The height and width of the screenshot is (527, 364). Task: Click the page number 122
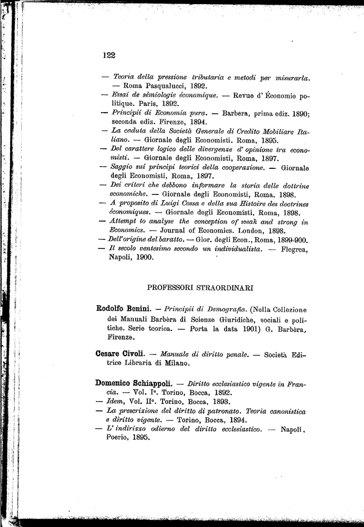[109, 56]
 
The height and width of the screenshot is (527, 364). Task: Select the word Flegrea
[294, 250]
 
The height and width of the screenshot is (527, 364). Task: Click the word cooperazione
[240, 167]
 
